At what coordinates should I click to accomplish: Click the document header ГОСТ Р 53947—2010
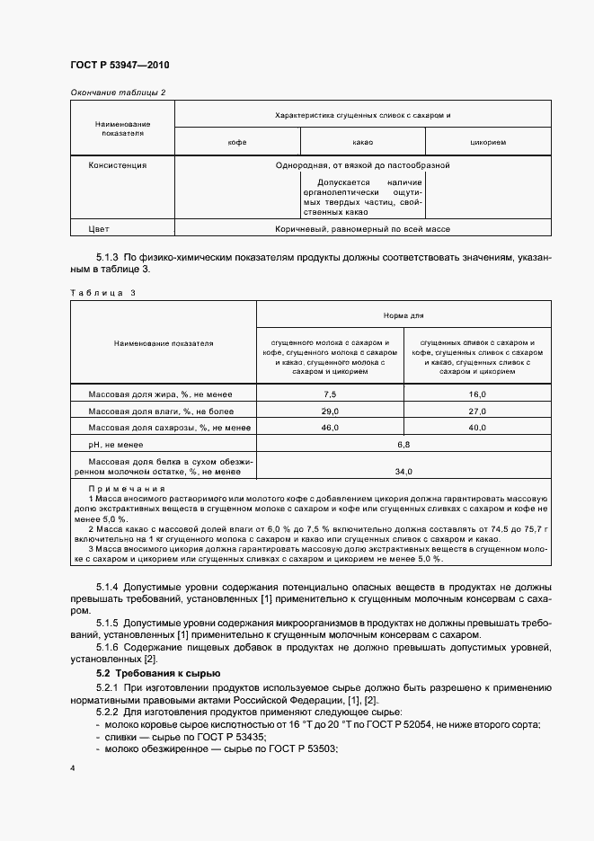tap(120, 66)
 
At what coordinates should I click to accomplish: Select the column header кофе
tap(237, 143)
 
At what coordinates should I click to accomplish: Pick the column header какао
tap(363, 143)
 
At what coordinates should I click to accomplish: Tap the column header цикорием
tap(488, 143)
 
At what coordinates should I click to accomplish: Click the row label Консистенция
tap(118, 165)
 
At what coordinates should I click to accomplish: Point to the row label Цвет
tap(99, 229)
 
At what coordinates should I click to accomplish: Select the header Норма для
tap(403, 315)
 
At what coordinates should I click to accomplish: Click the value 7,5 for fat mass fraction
tap(330, 394)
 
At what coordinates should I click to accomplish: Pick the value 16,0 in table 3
tap(477, 394)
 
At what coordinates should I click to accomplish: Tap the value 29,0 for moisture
tap(330, 411)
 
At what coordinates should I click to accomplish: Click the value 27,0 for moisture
tap(477, 411)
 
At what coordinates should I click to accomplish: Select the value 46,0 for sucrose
tap(330, 428)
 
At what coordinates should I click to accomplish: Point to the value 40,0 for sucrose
tap(477, 428)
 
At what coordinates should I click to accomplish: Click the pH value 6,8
tap(403, 444)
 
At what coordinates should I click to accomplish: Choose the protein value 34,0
tap(403, 471)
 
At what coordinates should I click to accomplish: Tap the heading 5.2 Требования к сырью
tap(154, 673)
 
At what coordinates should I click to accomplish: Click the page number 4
tap(72, 768)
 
